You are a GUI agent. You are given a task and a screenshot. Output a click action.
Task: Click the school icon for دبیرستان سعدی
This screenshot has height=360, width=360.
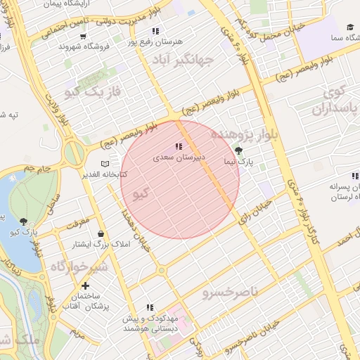tap(179, 147)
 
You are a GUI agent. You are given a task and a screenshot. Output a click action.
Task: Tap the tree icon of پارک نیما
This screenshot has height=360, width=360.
tap(238, 150)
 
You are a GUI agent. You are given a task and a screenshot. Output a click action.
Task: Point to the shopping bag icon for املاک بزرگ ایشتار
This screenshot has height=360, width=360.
tap(103, 233)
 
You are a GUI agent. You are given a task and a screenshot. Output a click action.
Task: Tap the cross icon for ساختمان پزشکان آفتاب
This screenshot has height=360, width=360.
tap(85, 286)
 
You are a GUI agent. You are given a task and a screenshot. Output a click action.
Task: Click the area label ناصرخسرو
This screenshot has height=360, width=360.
tap(230, 291)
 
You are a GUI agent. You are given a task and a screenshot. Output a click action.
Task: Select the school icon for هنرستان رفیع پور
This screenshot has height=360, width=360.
tap(155, 31)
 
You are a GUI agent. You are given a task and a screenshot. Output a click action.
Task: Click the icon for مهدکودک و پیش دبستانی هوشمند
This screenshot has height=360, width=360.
tap(148, 308)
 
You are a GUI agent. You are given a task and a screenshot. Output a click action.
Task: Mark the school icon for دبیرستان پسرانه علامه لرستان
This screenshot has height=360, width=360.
tap(349, 179)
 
